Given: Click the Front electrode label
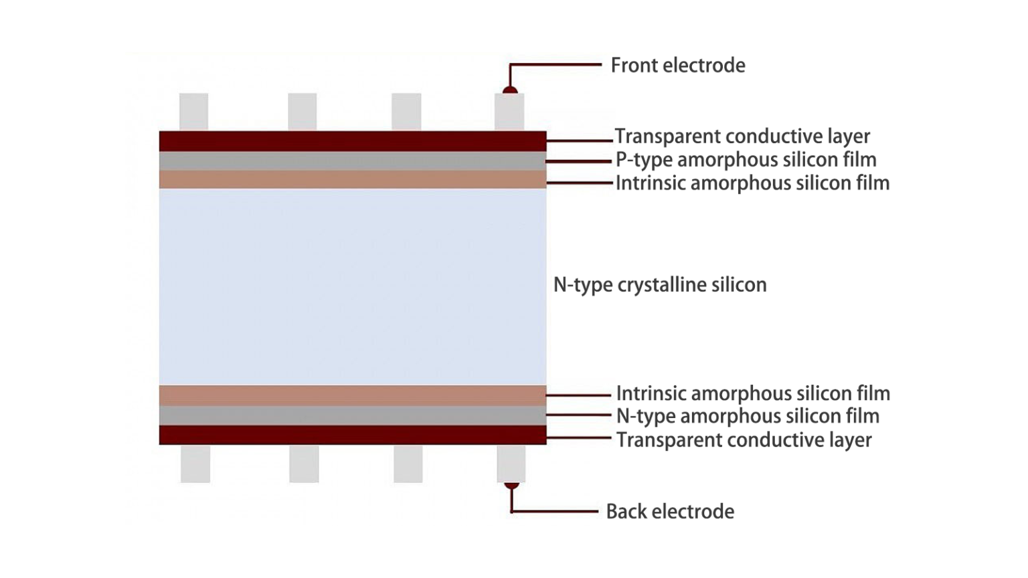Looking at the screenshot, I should point(677,66).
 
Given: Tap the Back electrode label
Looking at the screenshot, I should point(670,512).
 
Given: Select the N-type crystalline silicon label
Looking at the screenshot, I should point(660,285).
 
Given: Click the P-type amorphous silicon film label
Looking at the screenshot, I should point(746,160).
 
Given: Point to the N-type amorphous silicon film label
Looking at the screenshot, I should point(748,416).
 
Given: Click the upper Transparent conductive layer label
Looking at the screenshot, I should point(742,136).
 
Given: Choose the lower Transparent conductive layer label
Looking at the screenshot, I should point(744,440).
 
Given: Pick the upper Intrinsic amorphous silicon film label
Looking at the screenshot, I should point(752,183).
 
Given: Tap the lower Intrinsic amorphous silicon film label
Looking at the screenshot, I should point(753,393).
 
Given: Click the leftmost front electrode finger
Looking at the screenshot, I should point(193,112).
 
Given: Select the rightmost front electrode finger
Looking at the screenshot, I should point(509,112).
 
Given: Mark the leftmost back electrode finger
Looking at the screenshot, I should point(195,464).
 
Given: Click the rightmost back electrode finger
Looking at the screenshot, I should point(511,464).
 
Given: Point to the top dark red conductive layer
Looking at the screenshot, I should point(353,141).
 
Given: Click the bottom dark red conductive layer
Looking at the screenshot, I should point(353,435).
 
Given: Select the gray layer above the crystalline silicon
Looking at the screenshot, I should point(353,161).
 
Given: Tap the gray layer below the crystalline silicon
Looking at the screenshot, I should point(353,415).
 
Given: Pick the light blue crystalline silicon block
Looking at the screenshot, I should point(353,286).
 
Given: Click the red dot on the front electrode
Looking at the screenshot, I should point(510,90).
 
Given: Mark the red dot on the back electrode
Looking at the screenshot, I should point(511,486).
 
